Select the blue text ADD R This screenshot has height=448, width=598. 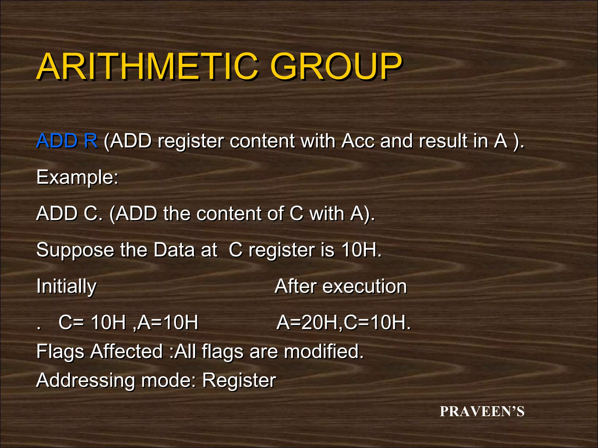pyautogui.click(x=67, y=141)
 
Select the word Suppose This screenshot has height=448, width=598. pyautogui.click(x=75, y=250)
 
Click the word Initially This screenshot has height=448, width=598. pyautogui.click(x=66, y=286)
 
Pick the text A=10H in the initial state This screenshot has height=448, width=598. pyautogui.click(x=168, y=323)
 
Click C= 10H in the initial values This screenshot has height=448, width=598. pyautogui.click(x=92, y=323)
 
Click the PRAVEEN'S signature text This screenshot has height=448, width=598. pyautogui.click(x=482, y=412)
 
